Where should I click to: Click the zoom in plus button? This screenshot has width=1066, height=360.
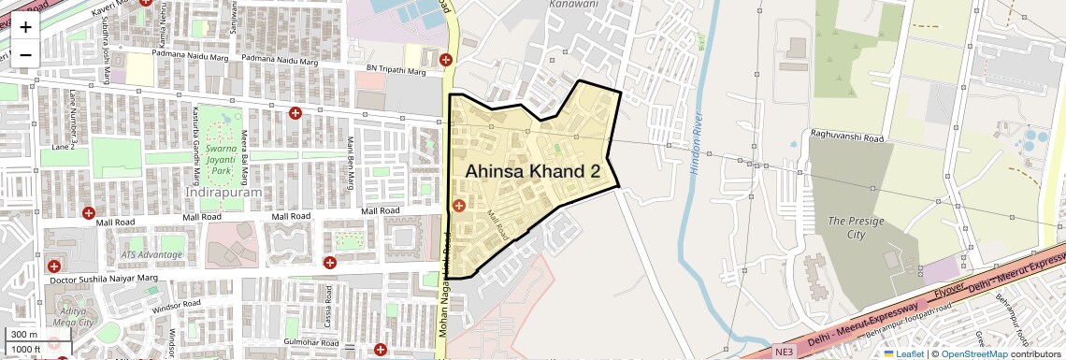tap(25, 27)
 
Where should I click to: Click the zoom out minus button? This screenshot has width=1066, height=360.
tap(25, 53)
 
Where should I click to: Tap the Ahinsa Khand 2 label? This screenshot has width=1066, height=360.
tap(532, 171)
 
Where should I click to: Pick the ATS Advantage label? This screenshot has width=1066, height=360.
tap(151, 254)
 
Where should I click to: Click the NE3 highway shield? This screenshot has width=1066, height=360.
tap(784, 352)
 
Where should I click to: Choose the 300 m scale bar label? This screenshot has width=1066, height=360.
tap(24, 335)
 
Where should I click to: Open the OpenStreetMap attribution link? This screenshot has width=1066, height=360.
tap(973, 353)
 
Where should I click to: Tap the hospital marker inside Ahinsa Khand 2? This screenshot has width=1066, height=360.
tap(458, 206)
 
